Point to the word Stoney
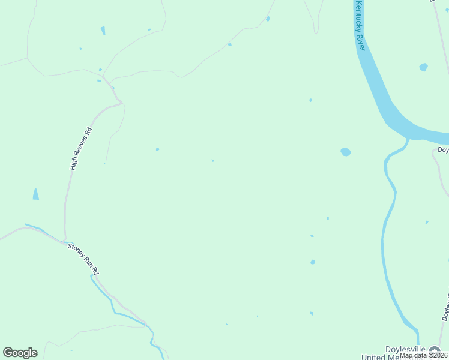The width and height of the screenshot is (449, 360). click(x=77, y=249)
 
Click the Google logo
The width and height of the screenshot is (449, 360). click(x=20, y=353)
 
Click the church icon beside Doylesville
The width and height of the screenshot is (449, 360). click(x=434, y=350)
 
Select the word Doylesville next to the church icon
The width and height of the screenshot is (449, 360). click(x=405, y=349)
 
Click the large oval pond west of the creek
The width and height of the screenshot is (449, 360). click(x=345, y=152)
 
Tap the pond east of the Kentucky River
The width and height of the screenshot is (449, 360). click(x=423, y=67)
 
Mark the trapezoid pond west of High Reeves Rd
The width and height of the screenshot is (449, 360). click(x=35, y=194)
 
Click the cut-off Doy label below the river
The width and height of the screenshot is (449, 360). click(x=442, y=150)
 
